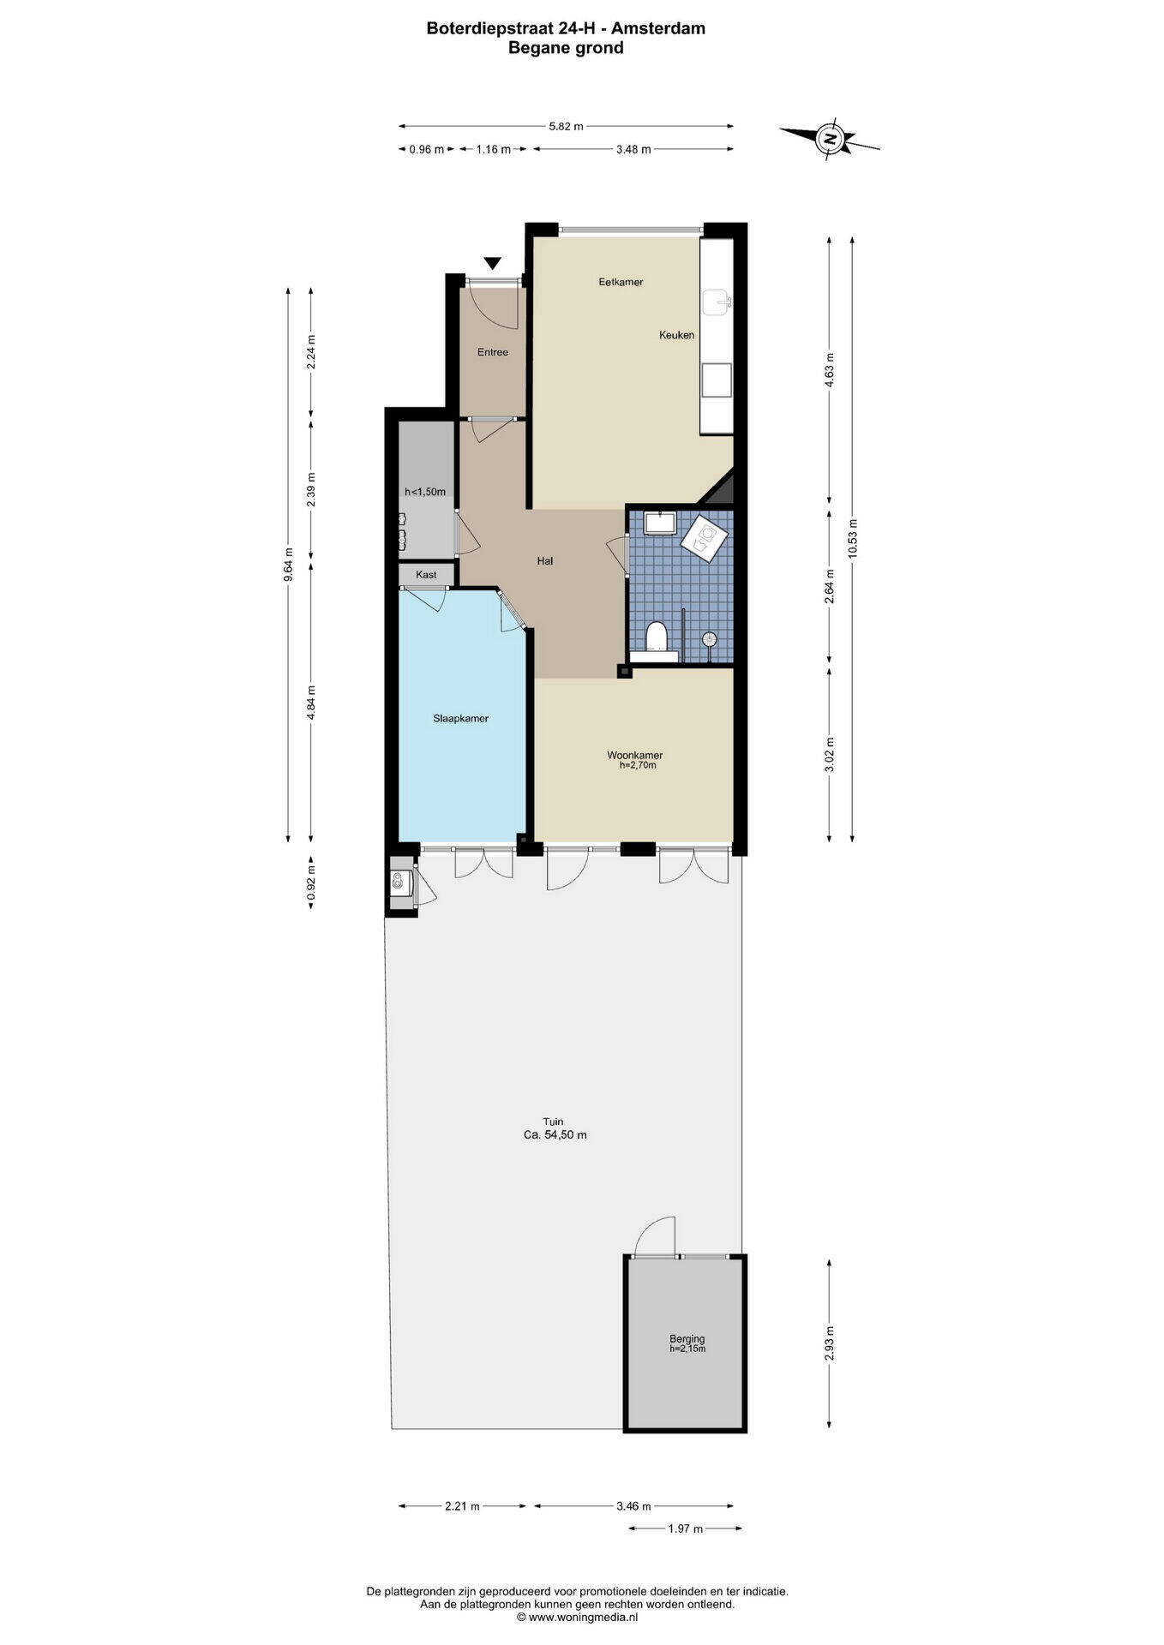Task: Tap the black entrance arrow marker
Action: coord(493,264)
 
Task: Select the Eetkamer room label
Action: coord(621,282)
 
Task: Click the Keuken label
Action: coord(676,335)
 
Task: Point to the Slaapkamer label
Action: coord(461,719)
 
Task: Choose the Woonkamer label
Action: coord(635,755)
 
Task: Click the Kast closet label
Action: coord(426,575)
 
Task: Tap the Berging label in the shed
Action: coord(687,1339)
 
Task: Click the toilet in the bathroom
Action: coord(657,637)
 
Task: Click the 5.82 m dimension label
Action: coord(566,126)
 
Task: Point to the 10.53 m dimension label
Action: coord(852,539)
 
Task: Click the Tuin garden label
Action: coord(553,1122)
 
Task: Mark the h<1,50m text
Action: coord(425,492)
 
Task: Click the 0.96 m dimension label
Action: coord(426,149)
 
